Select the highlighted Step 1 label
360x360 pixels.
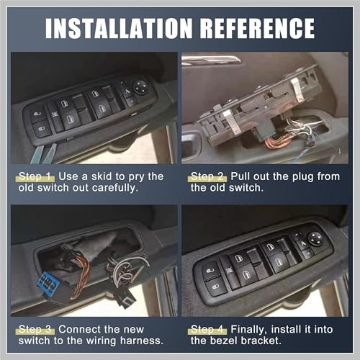tap(34, 176)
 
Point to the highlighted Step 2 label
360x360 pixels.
tap(206, 176)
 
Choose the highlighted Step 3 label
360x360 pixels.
tap(34, 328)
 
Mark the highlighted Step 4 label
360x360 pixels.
tap(206, 328)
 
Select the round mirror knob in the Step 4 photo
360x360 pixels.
tap(315, 237)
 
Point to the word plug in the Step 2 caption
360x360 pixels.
tap(294, 176)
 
